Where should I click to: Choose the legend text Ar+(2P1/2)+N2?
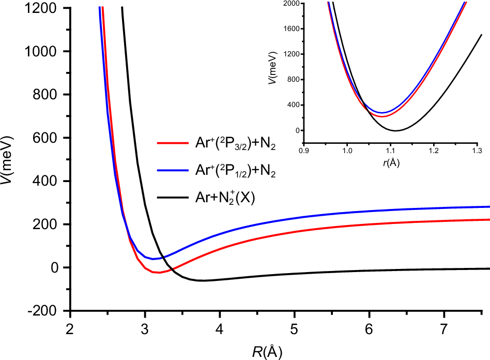coord(233,173)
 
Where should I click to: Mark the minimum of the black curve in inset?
coord(396,130)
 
